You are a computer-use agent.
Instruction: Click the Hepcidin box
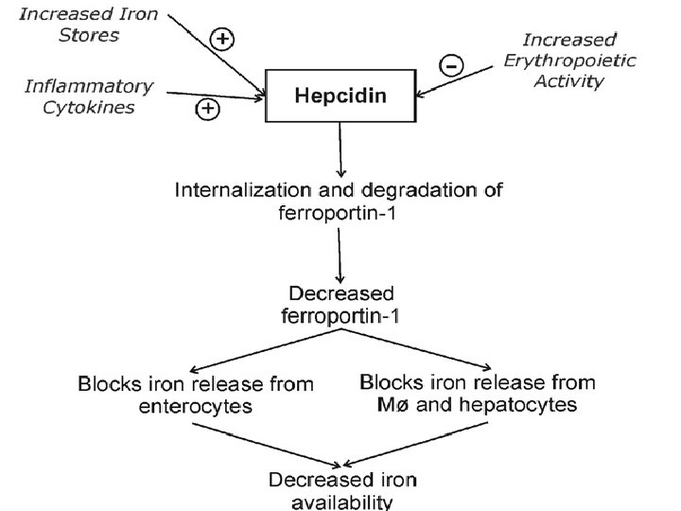pos(340,95)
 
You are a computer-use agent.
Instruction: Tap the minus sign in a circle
pos(451,65)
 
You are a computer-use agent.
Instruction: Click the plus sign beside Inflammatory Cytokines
pos(207,110)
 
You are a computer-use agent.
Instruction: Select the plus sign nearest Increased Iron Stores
pos(222,39)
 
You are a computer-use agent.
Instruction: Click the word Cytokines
pos(93,107)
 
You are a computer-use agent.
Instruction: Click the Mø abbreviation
pos(378,405)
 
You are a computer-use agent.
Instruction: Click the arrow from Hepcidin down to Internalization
pos(340,149)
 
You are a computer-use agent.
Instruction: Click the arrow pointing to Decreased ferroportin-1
pos(340,253)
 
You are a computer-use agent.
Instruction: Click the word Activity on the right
pos(569,81)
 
